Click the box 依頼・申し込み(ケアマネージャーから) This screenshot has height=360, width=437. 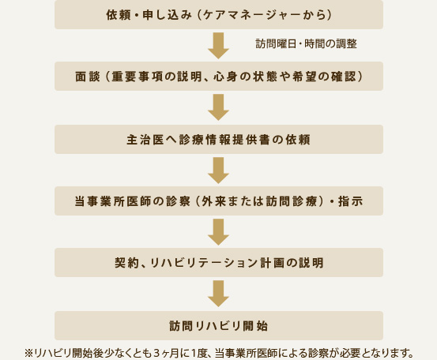coord(219,14)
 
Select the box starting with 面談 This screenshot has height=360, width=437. coord(219,77)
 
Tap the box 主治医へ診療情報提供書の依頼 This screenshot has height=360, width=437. coord(219,139)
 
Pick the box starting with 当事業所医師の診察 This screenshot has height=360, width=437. coord(219,201)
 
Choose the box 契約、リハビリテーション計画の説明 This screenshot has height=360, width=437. coord(219,263)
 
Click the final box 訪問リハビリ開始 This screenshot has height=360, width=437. coord(219,325)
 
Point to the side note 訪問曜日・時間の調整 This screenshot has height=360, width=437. coord(307,43)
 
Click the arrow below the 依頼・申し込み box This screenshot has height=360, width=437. coord(218,46)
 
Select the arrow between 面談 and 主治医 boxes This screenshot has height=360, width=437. coord(218,107)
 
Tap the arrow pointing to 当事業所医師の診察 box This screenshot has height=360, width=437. coord(218,171)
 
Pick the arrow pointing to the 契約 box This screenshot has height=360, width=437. coord(218,232)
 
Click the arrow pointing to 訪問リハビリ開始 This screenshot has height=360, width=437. coord(218,294)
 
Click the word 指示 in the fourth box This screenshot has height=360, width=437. coord(350,201)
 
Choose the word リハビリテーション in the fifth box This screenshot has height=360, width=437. coord(204,263)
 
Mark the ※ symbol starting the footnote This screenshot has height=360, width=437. coord(28,354)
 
